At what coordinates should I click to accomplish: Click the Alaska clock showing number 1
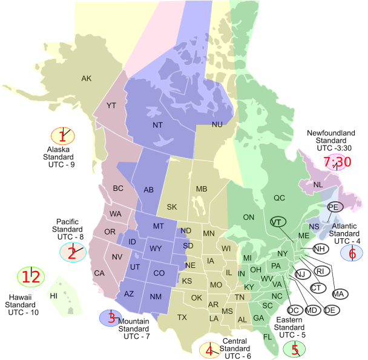[62, 136]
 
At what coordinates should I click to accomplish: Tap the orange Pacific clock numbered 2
[72, 252]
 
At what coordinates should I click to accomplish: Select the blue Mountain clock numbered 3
[110, 316]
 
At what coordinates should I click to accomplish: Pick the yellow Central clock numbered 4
[209, 350]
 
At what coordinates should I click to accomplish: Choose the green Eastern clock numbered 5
[294, 348]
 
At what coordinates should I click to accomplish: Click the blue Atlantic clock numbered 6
[352, 253]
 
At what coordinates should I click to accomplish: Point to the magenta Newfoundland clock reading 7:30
[337, 162]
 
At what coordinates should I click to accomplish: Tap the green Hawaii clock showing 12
[30, 278]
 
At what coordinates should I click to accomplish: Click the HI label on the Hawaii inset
[54, 296]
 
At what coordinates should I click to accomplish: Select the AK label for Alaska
[87, 78]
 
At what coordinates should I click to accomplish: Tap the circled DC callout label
[295, 310]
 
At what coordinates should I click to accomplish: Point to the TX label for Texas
[182, 318]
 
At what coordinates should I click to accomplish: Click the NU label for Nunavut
[217, 124]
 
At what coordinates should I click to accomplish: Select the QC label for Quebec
[279, 198]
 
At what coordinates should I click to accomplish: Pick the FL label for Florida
[268, 336]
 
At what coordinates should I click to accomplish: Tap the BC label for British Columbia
[118, 188]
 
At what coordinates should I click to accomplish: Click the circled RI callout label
[321, 271]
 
